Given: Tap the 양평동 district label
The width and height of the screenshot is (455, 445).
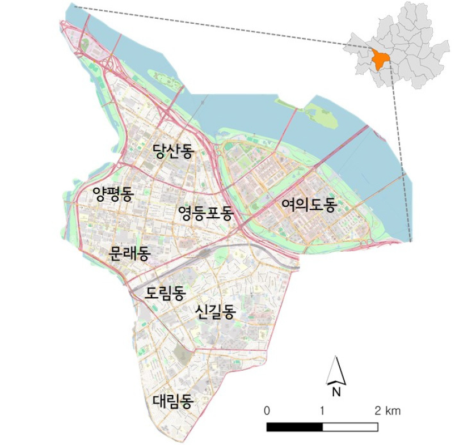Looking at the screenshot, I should point(113,195).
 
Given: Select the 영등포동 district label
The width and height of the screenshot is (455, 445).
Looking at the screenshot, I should point(205,213).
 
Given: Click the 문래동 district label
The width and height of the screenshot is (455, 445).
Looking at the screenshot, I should point(129,253).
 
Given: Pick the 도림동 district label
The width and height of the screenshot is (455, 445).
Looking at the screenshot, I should point(165,293).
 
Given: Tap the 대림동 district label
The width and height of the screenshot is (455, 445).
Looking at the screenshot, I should point(173,401).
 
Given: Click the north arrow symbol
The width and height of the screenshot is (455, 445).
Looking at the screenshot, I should point(335,370).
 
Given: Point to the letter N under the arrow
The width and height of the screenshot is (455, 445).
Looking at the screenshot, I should point(336,391).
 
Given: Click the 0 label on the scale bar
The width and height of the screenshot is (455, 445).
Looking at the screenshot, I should point(267,410).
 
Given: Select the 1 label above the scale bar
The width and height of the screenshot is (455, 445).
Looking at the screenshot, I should point(322,410).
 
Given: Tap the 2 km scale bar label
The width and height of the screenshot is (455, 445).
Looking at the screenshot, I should point(387,410).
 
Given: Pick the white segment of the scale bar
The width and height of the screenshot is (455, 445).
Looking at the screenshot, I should point(350,426).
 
